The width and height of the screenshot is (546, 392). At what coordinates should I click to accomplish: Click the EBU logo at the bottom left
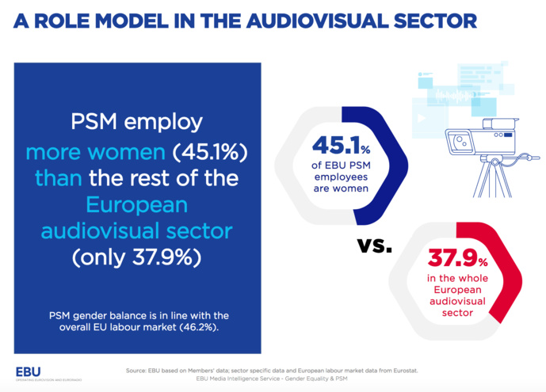[28, 371]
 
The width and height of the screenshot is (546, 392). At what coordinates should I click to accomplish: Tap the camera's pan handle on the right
[526, 158]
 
